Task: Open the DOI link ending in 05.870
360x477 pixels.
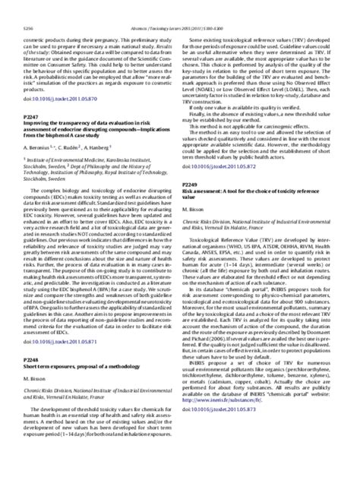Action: tap(55, 98)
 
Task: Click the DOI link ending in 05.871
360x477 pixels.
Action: tap(55, 364)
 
